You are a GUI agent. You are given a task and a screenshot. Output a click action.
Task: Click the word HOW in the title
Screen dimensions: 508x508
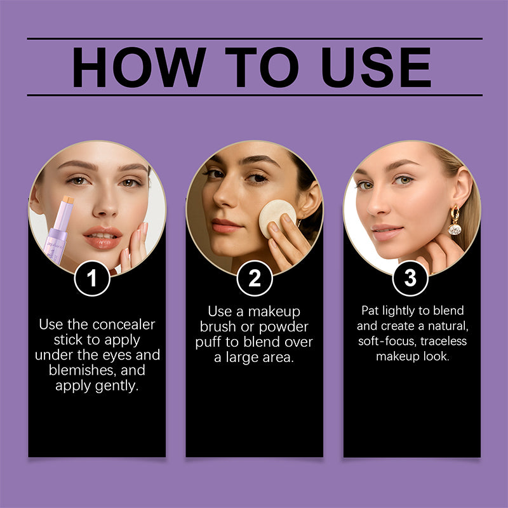tap(134, 67)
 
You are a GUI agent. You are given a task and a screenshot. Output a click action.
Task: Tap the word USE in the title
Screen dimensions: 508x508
tap(377, 67)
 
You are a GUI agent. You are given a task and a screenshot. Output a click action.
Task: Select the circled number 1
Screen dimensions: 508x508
tap(93, 279)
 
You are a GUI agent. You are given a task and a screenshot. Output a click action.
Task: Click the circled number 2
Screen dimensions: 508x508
tap(254, 279)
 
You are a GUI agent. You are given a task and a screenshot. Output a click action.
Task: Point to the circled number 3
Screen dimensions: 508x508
tap(411, 279)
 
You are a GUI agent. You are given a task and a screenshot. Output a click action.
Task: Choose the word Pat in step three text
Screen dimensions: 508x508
tap(371, 311)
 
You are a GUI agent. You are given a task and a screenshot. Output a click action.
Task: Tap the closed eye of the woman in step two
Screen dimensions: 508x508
tap(257, 178)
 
